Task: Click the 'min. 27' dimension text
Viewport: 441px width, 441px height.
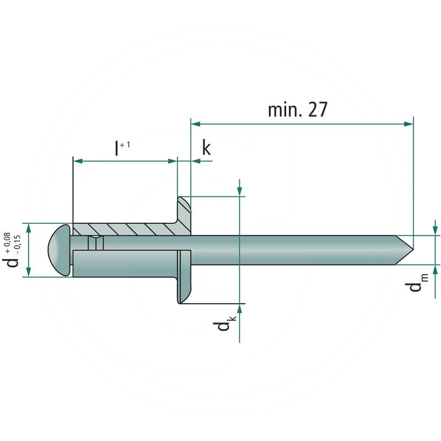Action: (298, 110)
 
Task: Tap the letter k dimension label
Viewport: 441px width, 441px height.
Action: (206, 147)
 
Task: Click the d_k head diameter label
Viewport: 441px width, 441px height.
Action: (224, 325)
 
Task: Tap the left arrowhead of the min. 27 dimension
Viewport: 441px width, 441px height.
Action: (195, 124)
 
